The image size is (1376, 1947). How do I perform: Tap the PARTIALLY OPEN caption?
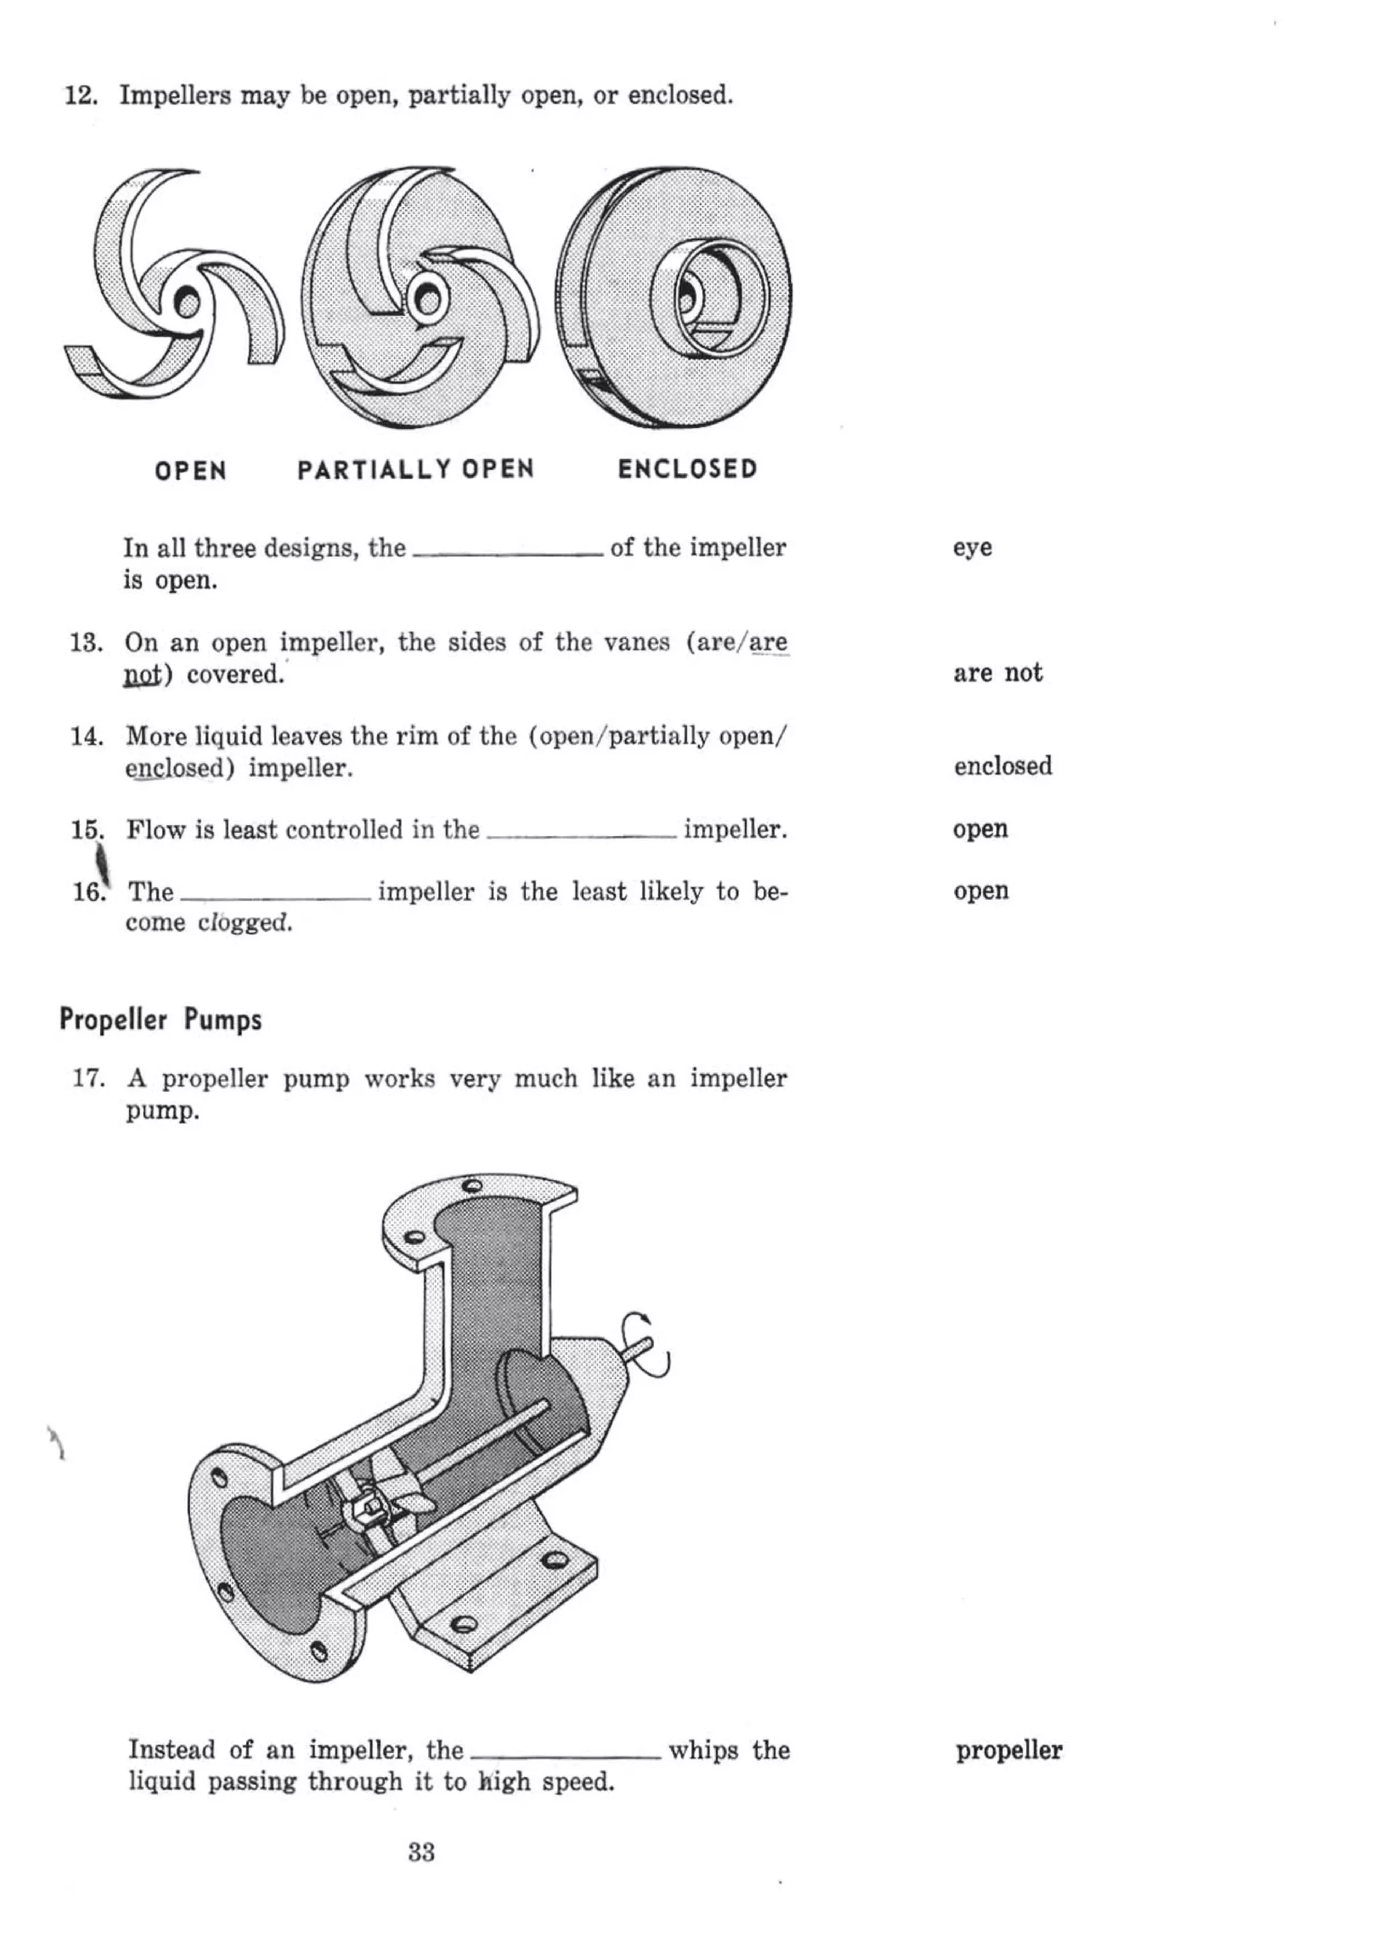pyautogui.click(x=415, y=469)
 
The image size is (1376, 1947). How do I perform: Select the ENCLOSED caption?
pyautogui.click(x=687, y=469)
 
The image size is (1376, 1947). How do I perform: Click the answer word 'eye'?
pyautogui.click(x=972, y=548)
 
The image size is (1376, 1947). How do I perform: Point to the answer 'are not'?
pyautogui.click(x=997, y=673)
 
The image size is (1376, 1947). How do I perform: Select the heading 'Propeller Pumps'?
pyautogui.click(x=160, y=1020)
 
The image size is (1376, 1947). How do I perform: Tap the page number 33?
pyautogui.click(x=421, y=1852)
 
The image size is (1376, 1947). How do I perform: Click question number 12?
pyautogui.click(x=81, y=95)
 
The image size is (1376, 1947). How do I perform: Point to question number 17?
pyautogui.click(x=88, y=1079)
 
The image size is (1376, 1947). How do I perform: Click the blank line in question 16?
pyautogui.click(x=275, y=898)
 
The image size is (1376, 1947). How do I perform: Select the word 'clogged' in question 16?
pyautogui.click(x=245, y=923)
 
